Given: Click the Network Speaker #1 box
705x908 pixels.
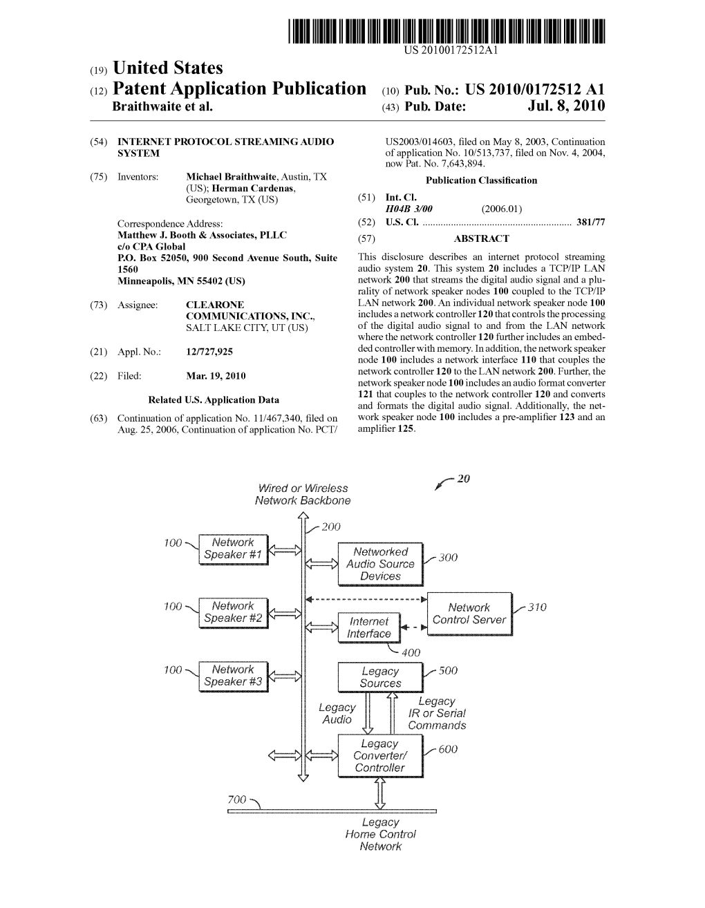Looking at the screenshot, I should pos(233,549).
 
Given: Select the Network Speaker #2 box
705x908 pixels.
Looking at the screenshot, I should pos(233,612).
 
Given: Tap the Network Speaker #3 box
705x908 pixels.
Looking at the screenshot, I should pos(233,676).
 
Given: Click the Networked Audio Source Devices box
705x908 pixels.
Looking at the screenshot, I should pos(380,564).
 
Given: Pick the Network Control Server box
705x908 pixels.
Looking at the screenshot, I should pos(469,614).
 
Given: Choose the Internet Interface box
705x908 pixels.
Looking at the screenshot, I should pos(369,627).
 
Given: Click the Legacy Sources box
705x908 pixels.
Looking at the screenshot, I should pos(380,677).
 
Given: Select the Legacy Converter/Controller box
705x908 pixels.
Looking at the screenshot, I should pos(380,755).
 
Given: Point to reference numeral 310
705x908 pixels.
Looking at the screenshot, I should pos(537,607).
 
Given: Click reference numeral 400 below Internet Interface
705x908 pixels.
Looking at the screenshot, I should pos(411,652).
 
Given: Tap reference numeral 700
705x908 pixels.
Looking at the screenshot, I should pos(237,800).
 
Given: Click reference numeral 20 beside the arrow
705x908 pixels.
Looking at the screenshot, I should pos(463,479).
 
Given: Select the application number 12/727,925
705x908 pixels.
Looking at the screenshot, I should pos(209,352).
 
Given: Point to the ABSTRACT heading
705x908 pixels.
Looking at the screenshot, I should pos(481,239).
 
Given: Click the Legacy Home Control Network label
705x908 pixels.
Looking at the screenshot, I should pos(380,834).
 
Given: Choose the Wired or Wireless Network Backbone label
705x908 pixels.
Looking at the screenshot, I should pos(302,494).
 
